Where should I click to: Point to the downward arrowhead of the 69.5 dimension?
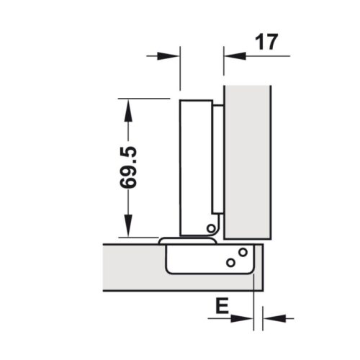coord(128,228)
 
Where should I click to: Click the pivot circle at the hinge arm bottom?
coord(210,228)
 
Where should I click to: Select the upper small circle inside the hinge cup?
coord(243,253)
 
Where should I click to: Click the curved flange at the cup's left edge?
coord(163,240)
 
